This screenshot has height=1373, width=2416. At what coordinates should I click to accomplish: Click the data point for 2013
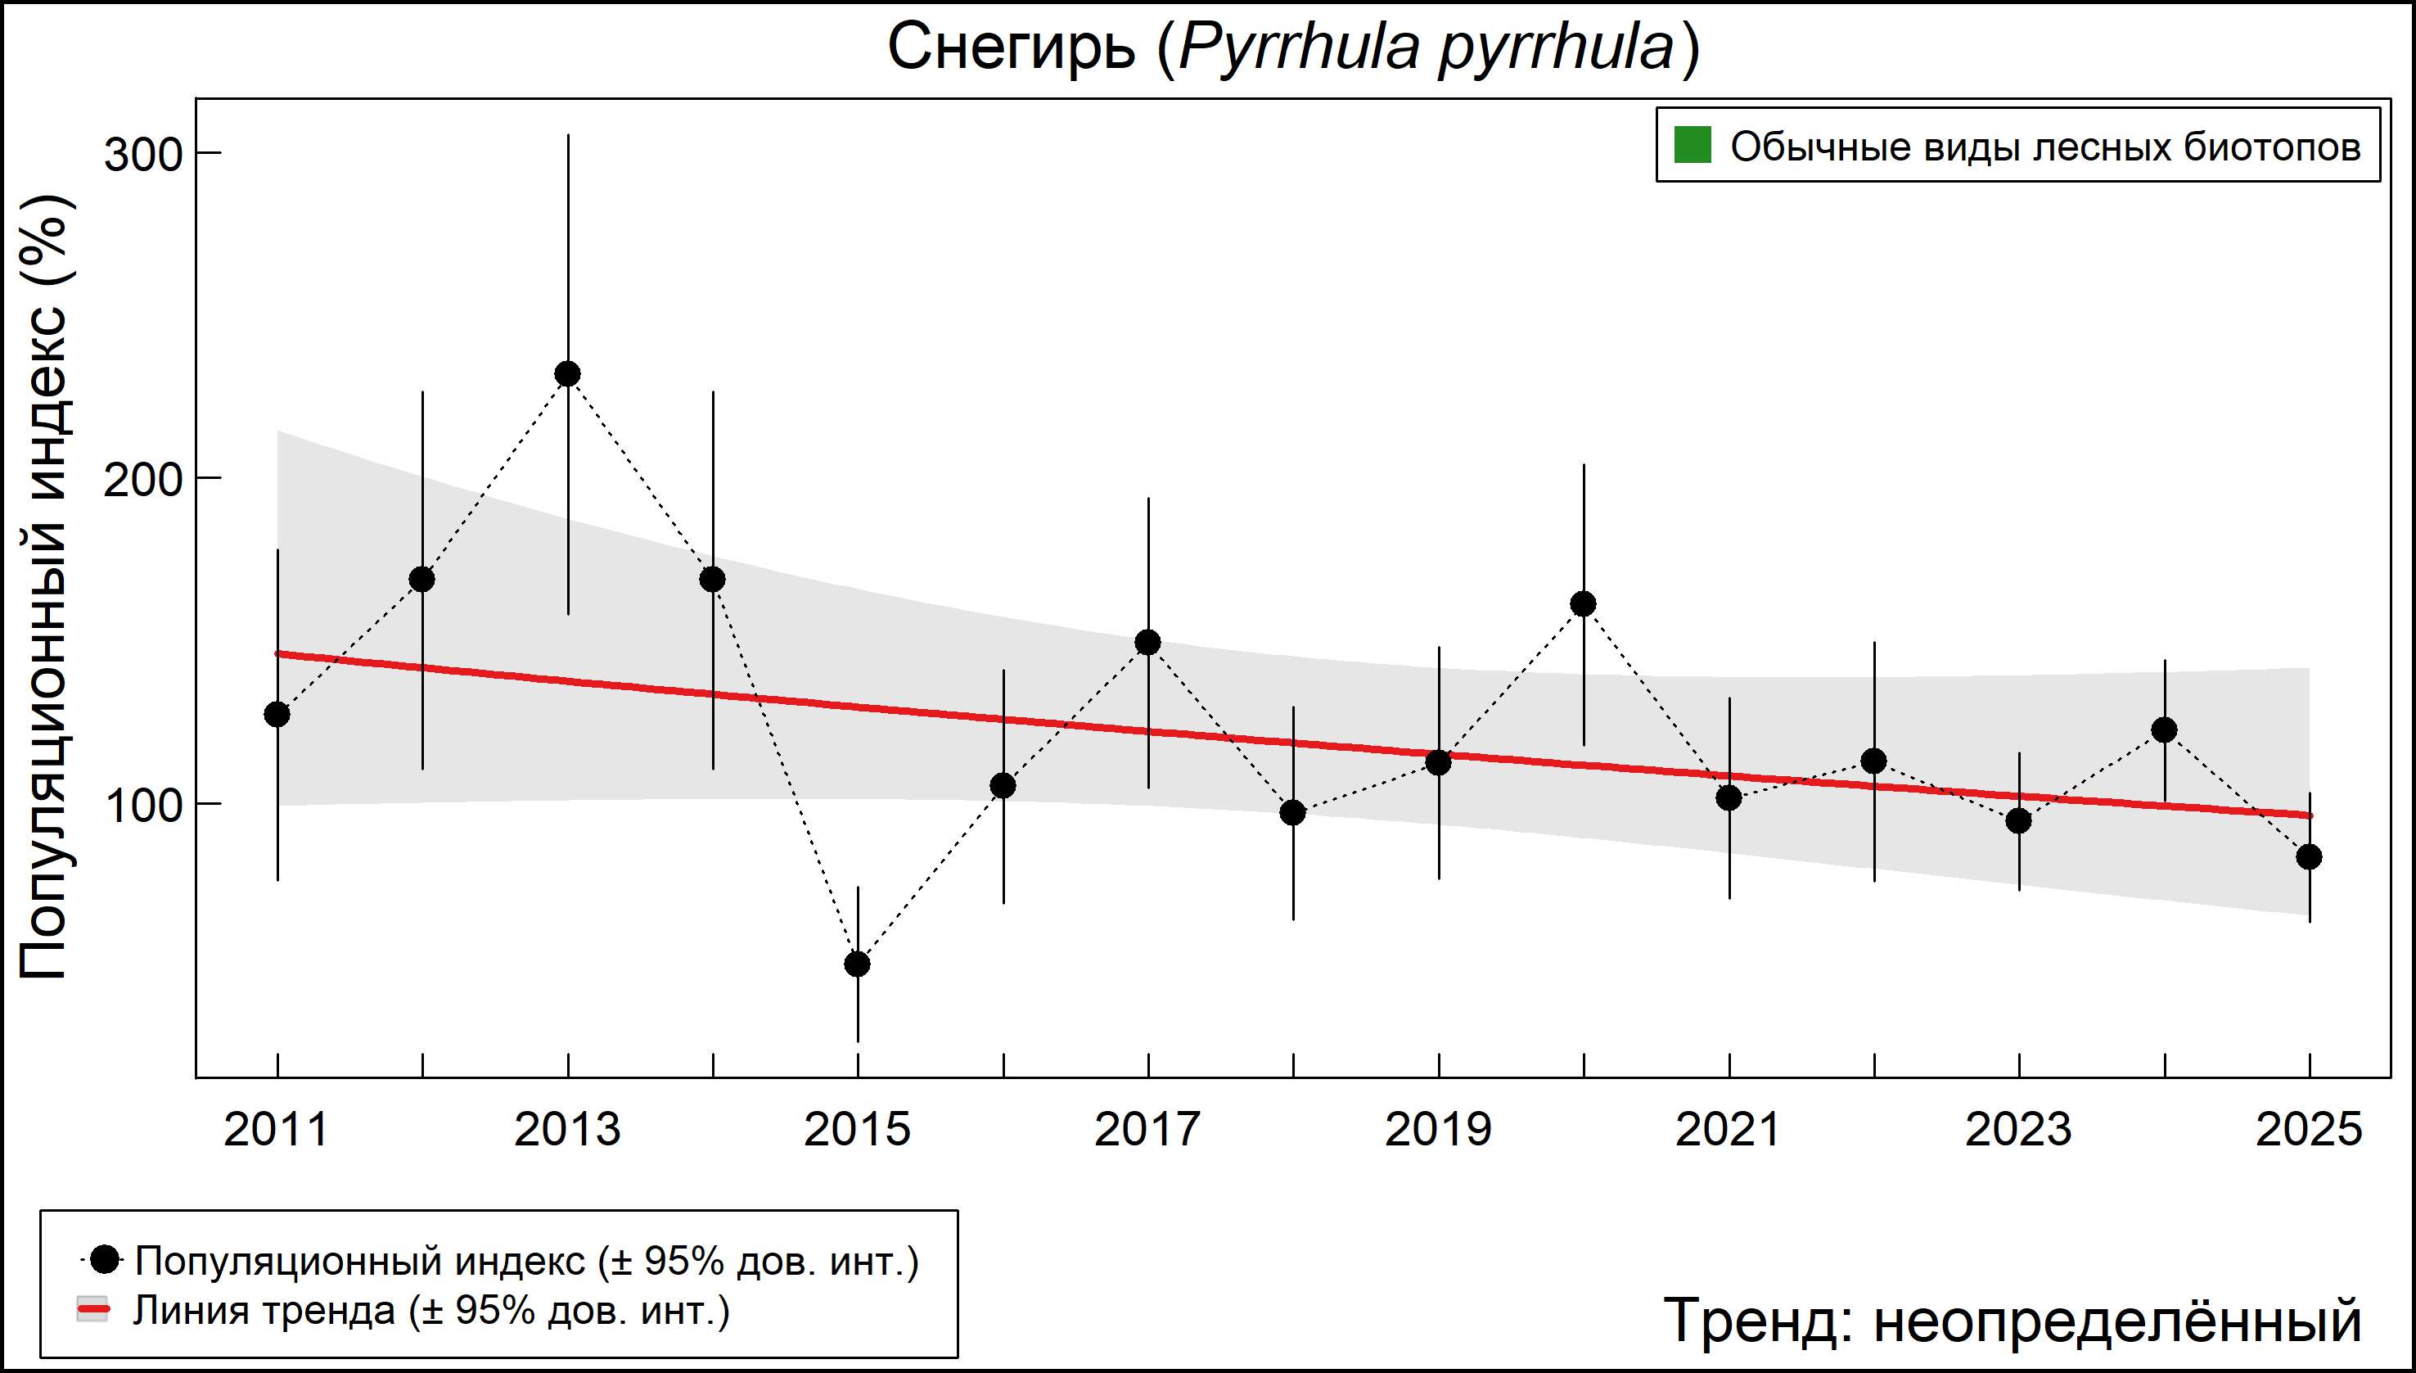click(567, 374)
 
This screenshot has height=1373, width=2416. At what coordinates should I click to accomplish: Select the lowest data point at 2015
click(858, 964)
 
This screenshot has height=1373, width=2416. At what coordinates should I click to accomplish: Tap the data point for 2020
click(1584, 603)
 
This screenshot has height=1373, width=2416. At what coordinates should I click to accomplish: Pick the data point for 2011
click(277, 714)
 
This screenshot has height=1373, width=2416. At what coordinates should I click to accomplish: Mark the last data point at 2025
click(2309, 856)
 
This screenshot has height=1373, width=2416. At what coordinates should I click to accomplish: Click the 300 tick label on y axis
click(142, 155)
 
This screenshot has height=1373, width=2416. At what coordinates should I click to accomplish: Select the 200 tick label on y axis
click(142, 480)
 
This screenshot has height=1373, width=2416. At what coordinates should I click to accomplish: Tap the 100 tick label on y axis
click(142, 806)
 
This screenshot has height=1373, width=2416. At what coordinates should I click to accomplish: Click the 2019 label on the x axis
click(1439, 1129)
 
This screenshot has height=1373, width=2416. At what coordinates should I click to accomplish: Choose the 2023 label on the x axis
click(2018, 1129)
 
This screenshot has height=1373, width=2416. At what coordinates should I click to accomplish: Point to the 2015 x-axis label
click(858, 1129)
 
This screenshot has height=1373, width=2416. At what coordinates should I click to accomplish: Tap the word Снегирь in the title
click(1012, 47)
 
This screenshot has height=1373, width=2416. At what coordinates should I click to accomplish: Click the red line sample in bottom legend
click(92, 1310)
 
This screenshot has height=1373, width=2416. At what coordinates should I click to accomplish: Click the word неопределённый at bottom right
click(2117, 1320)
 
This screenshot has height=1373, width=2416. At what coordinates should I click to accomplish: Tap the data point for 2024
click(2164, 729)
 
